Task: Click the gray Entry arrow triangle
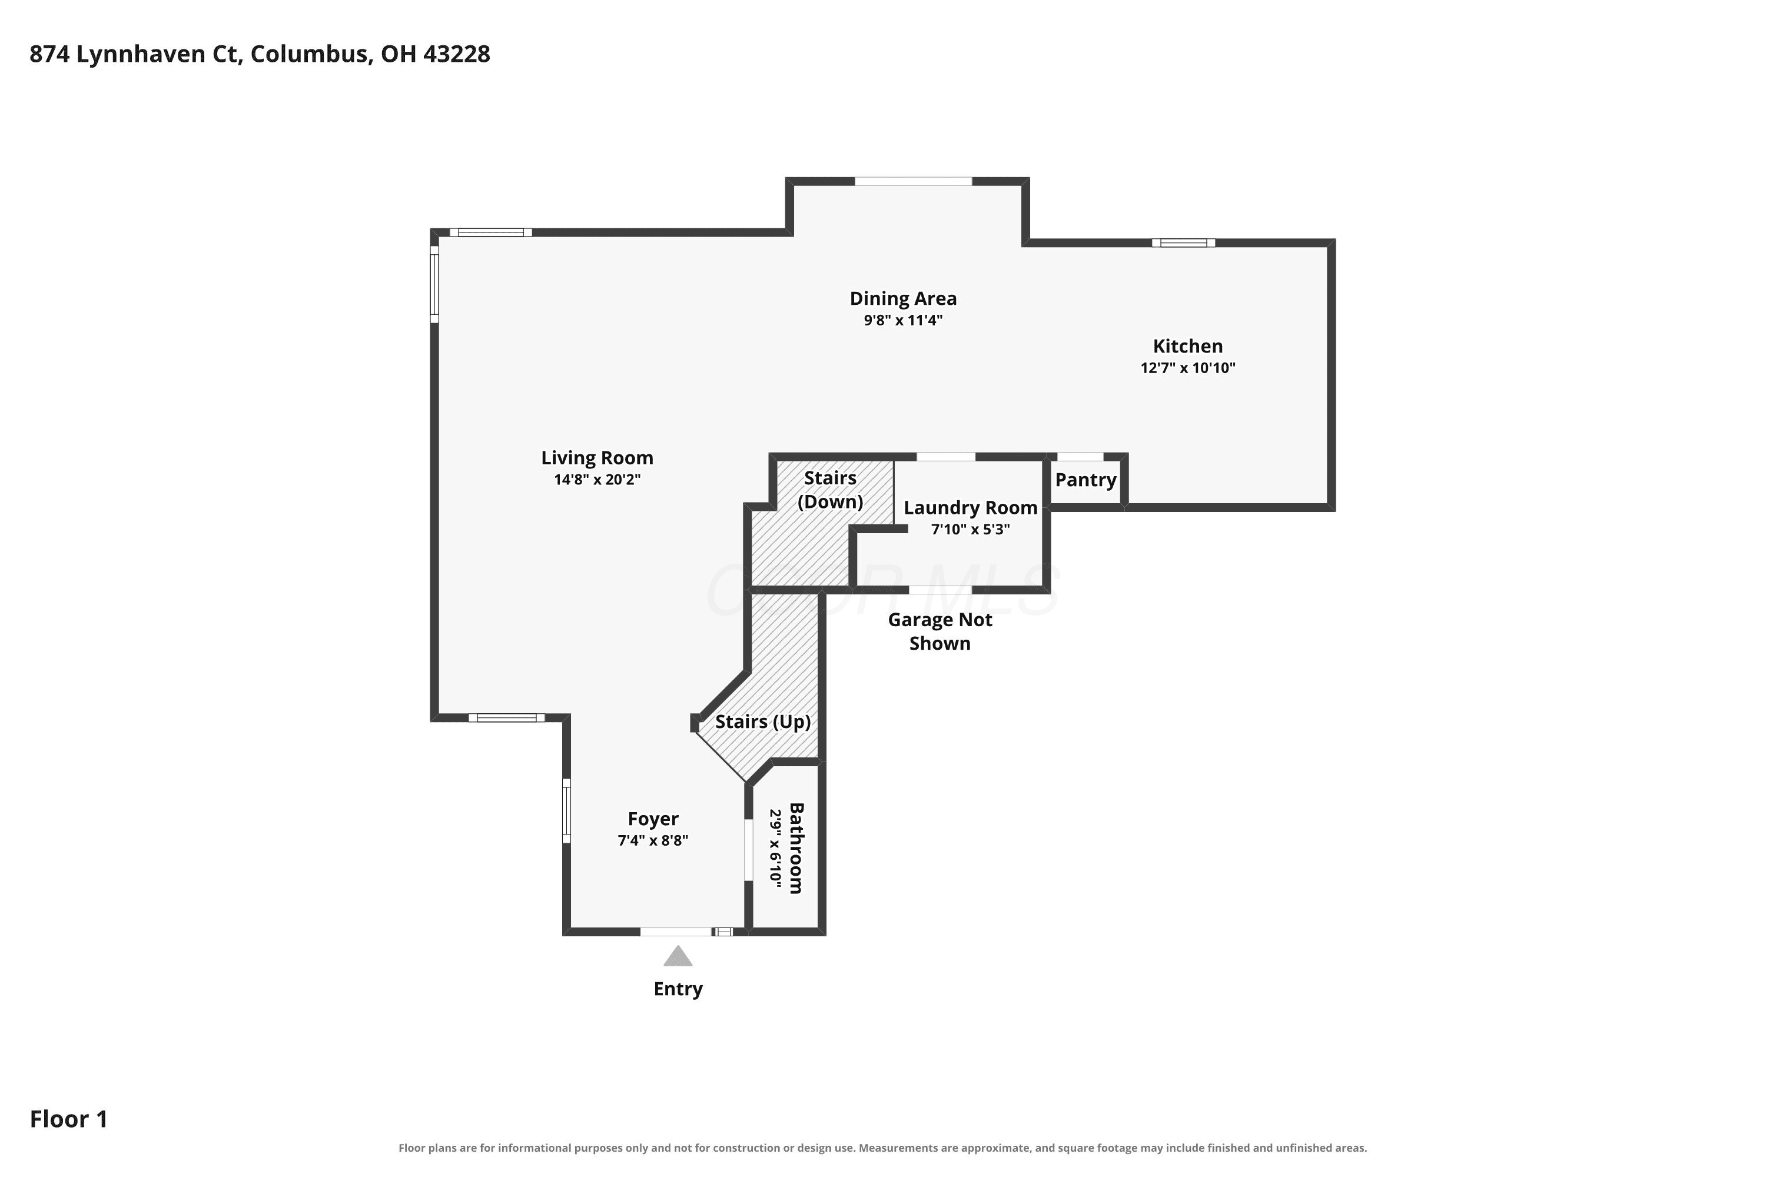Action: pyautogui.click(x=678, y=956)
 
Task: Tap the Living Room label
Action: pyautogui.click(x=597, y=458)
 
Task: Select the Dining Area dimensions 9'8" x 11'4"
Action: pyautogui.click(x=902, y=321)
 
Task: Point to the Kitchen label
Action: pyautogui.click(x=1188, y=346)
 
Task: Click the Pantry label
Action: pyautogui.click(x=1086, y=480)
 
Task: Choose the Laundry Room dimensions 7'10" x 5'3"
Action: pyautogui.click(x=970, y=529)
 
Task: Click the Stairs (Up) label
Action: pyautogui.click(x=763, y=722)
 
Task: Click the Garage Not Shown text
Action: pyautogui.click(x=940, y=631)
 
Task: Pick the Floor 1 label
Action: pyautogui.click(x=68, y=1119)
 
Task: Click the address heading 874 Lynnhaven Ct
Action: pyautogui.click(x=135, y=54)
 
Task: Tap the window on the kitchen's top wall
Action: pyautogui.click(x=1183, y=242)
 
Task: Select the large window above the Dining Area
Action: pyautogui.click(x=913, y=181)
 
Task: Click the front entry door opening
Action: pyautogui.click(x=676, y=932)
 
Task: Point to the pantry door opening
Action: pyautogui.click(x=1080, y=457)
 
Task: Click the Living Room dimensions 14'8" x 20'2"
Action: pyautogui.click(x=597, y=480)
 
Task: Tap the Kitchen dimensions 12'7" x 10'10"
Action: pyautogui.click(x=1188, y=368)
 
